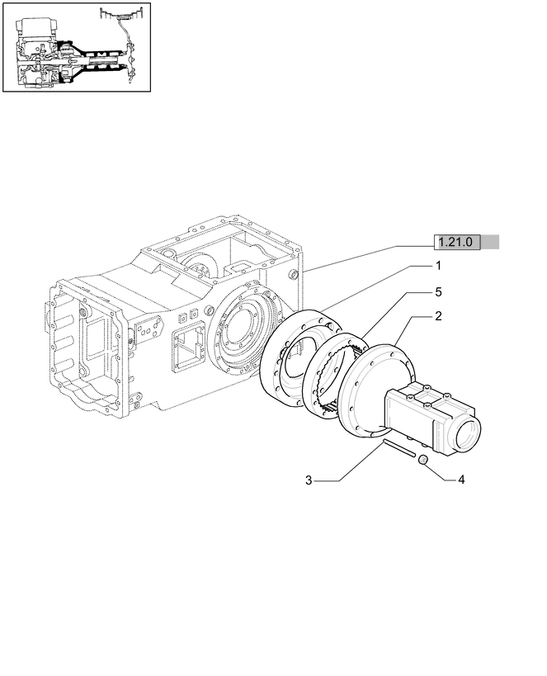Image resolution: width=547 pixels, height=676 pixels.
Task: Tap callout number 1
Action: (438, 266)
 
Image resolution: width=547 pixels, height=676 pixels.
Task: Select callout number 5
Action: (438, 291)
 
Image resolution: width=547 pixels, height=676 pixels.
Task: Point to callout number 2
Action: (438, 316)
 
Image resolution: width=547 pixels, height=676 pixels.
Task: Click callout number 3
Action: (308, 480)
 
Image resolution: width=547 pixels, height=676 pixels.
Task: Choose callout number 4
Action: (461, 480)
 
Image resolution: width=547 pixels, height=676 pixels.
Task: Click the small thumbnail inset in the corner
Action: (76, 47)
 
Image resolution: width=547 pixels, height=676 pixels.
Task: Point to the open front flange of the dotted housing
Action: (83, 347)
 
